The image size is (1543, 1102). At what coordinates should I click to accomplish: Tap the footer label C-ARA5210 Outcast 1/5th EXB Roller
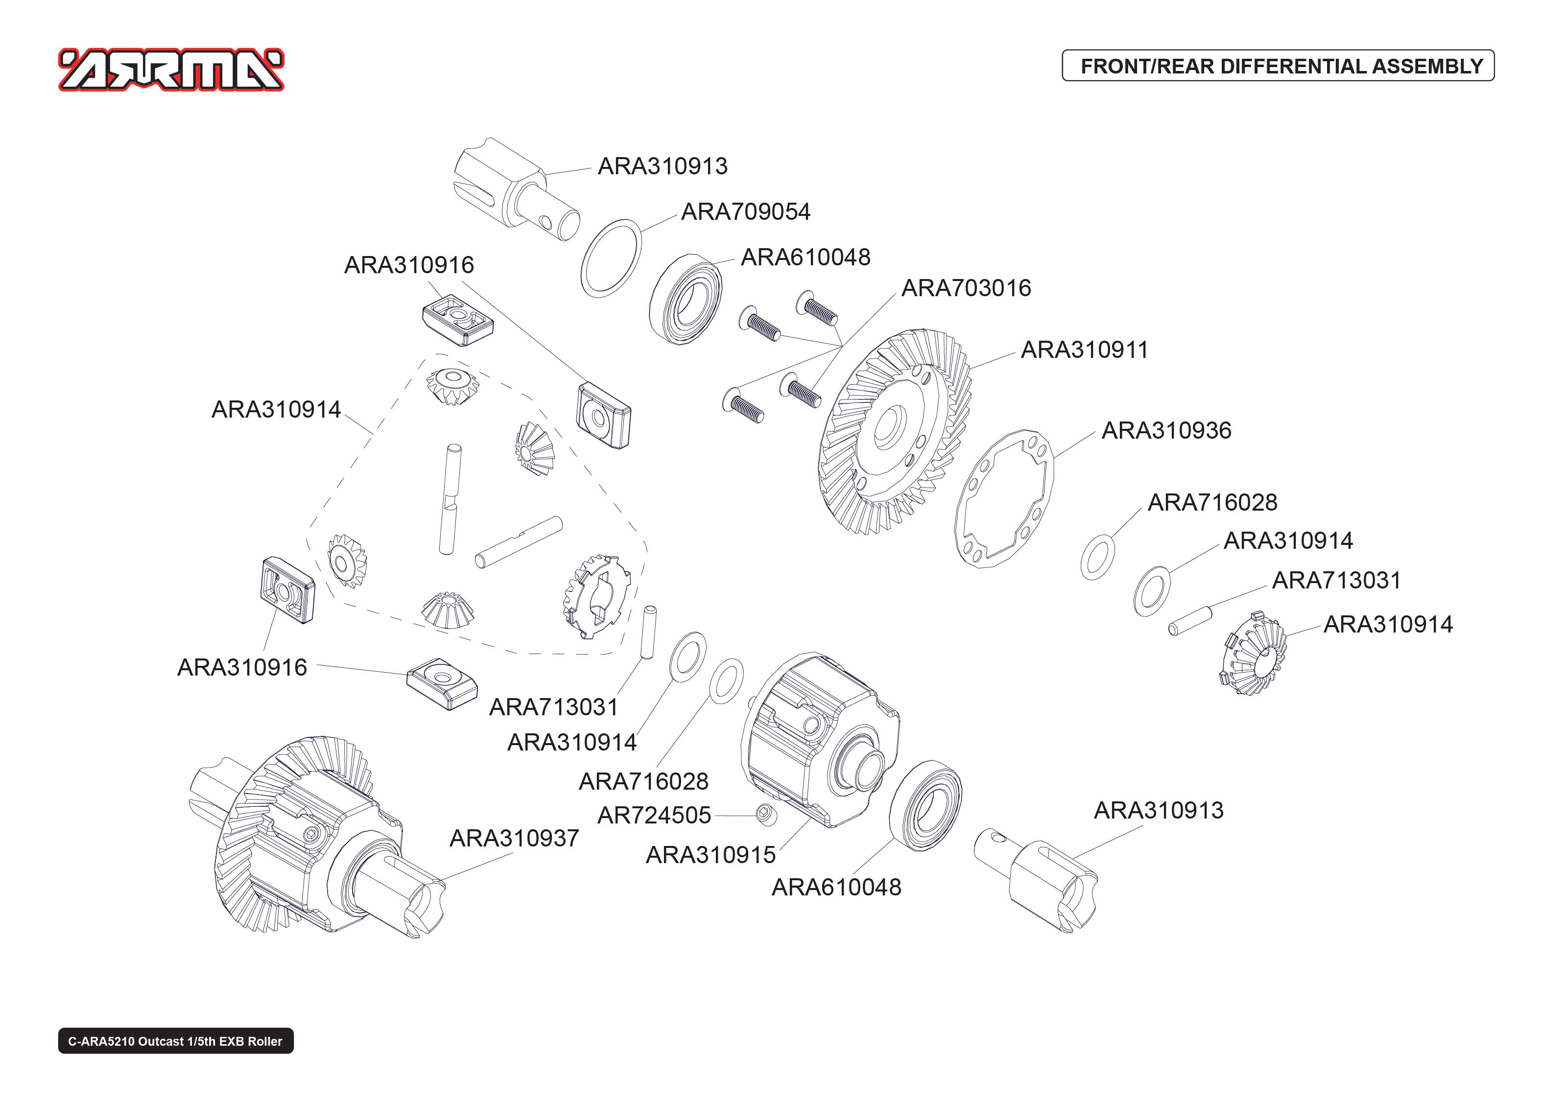(x=175, y=1041)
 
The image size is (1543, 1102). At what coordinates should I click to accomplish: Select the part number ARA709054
(x=745, y=211)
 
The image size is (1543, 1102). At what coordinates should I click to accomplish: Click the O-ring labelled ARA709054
(x=611, y=258)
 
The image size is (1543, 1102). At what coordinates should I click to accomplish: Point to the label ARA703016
(x=966, y=288)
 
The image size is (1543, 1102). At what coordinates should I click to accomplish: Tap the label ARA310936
(x=1166, y=430)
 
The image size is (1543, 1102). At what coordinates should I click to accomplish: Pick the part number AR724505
(x=653, y=815)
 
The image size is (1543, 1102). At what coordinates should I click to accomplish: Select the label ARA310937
(x=514, y=839)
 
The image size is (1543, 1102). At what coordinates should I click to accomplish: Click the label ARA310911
(x=1084, y=350)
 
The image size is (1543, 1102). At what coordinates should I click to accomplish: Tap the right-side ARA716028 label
(x=1212, y=503)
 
